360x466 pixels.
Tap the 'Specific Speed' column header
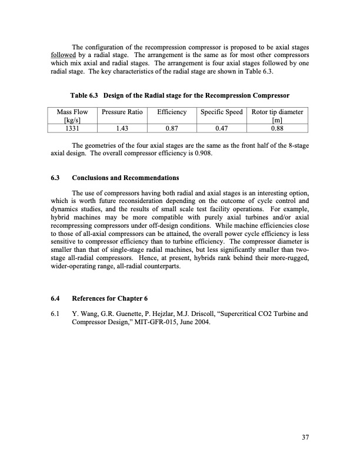222,112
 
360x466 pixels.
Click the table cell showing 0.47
222,129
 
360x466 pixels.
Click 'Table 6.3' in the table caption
86,96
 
